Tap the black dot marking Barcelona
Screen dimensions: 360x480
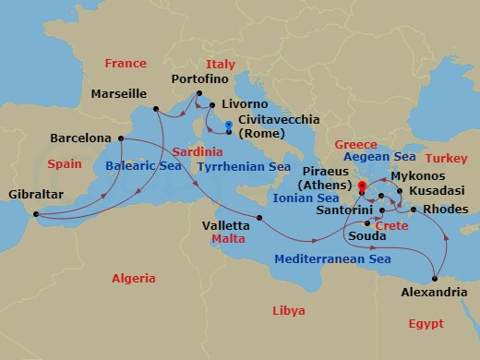tap(120, 138)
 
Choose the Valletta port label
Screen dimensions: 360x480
tap(226, 224)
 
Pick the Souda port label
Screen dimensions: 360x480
tap(360, 237)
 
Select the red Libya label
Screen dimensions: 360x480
tap(288, 311)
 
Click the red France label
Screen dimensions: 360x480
tap(126, 64)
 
